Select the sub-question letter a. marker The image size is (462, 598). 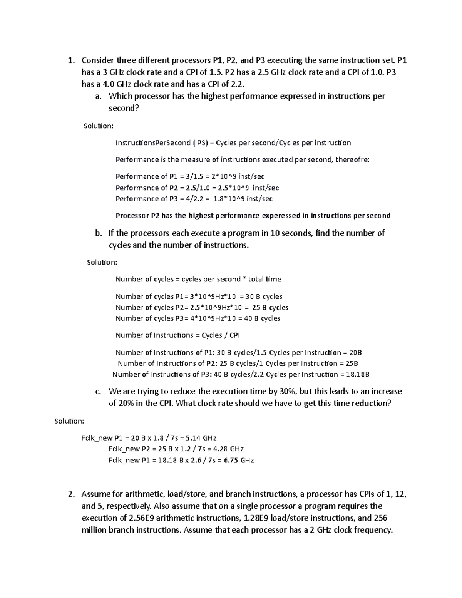pyautogui.click(x=98, y=96)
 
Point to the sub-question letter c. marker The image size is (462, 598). pyautogui.click(x=98, y=392)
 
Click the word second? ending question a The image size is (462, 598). pyautogui.click(x=123, y=108)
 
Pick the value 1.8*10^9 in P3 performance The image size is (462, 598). pyautogui.click(x=229, y=199)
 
